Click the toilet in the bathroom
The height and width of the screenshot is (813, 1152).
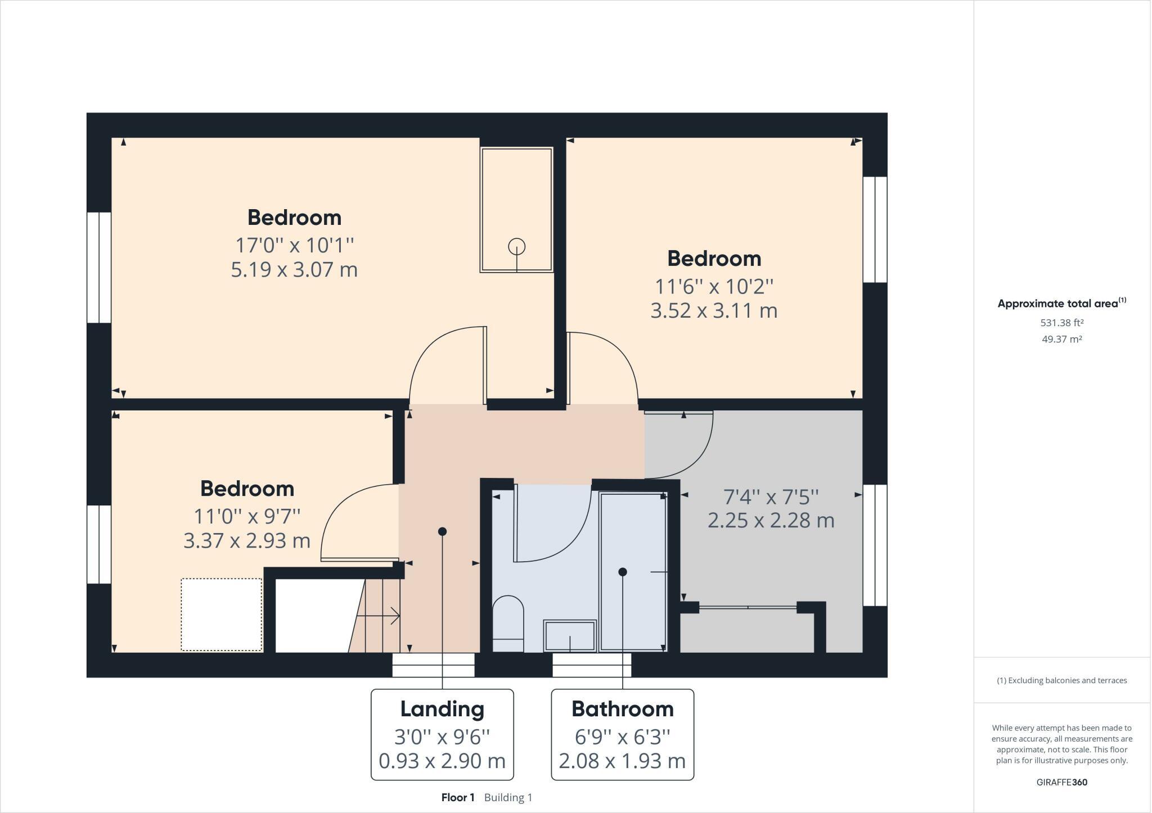(508, 623)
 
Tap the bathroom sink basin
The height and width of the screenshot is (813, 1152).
(569, 636)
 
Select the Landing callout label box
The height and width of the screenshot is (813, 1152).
(442, 734)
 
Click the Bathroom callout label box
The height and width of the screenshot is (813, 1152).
(622, 734)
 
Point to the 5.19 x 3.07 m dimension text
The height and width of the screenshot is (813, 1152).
(294, 270)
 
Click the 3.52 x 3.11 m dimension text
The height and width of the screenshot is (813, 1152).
(714, 311)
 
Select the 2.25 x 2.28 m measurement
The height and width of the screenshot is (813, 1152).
(771, 521)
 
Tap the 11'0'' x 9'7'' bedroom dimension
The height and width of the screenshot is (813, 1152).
(247, 516)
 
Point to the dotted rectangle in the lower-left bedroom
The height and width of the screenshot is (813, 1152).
(222, 615)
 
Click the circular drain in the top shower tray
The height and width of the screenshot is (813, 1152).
(516, 246)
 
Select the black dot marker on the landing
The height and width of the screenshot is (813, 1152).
(442, 531)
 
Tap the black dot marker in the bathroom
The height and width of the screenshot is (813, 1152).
(622, 572)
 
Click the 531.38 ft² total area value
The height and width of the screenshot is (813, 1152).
(1061, 323)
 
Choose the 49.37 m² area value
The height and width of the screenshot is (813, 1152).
(1061, 339)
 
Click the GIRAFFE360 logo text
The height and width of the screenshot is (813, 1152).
(1061, 782)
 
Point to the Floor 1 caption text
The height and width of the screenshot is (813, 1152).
(458, 797)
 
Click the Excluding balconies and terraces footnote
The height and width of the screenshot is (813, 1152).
(1061, 680)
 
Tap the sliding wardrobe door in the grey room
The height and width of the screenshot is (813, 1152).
(748, 607)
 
